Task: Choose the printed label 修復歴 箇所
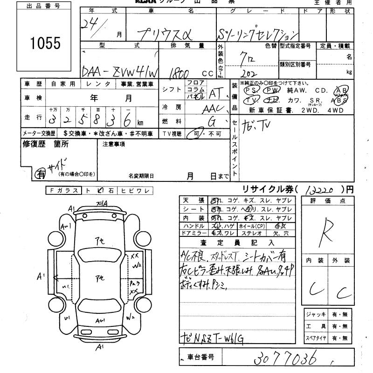click(x=46, y=145)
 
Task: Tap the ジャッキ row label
click(x=316, y=314)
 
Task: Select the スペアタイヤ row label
click(x=316, y=337)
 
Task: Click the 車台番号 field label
click(x=200, y=357)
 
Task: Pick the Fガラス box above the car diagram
click(x=64, y=190)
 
